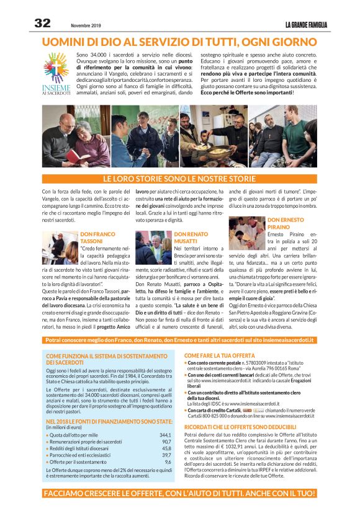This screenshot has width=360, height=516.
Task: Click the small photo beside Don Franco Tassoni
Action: click(x=60, y=247)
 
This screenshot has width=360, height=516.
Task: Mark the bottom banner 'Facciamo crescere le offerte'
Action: click(x=179, y=495)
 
